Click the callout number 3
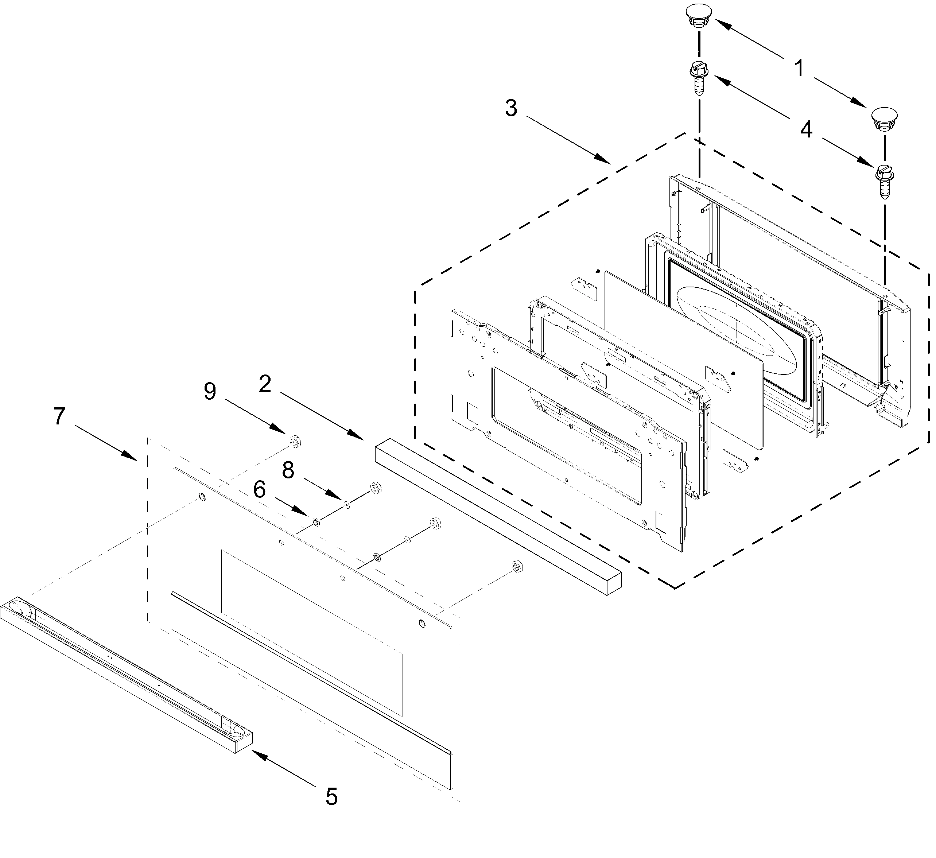pos(511,108)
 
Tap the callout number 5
pos(331,797)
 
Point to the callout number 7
pos(59,416)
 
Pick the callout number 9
pos(210,391)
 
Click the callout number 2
pos(265,384)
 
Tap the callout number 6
pos(259,489)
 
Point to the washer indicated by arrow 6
pos(316,522)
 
